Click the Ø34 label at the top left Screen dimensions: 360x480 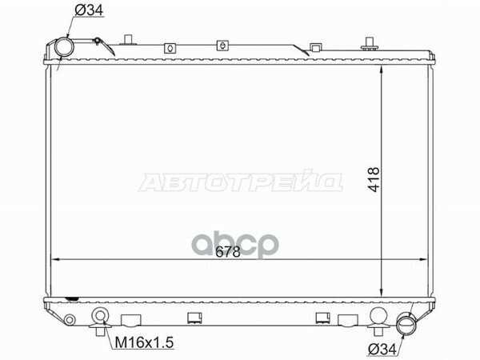point(90,10)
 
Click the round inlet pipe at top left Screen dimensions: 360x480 point(62,49)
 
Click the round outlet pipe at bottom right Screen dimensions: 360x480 point(408,325)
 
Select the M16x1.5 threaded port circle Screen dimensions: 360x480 point(100,315)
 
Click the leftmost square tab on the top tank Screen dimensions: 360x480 point(170,48)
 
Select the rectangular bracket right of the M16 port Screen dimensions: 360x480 point(132,322)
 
